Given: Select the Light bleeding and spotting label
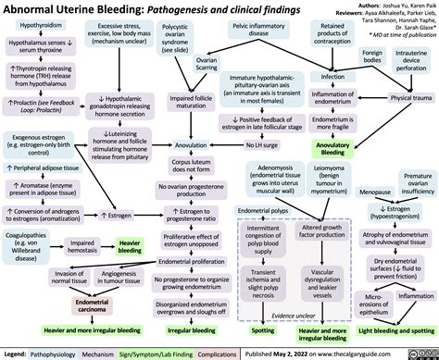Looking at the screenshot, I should tap(383, 329).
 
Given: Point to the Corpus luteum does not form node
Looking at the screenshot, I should tap(189, 168).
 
